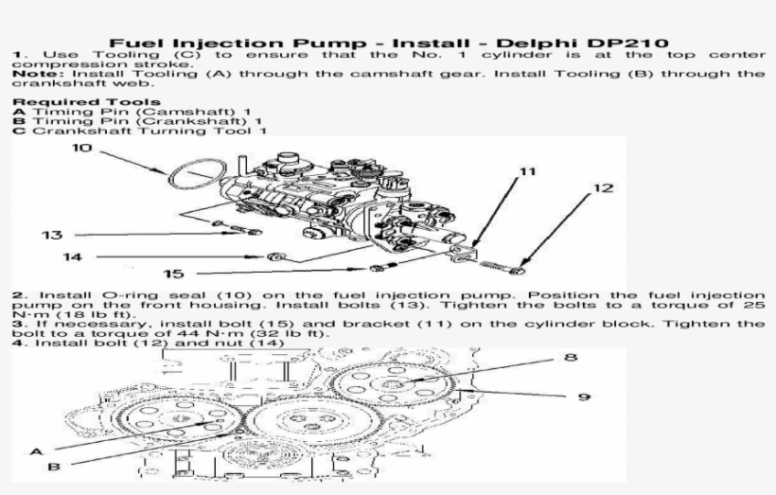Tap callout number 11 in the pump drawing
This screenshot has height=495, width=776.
coord(527,171)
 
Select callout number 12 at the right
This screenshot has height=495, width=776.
coord(603,188)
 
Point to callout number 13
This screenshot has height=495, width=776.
coord(51,235)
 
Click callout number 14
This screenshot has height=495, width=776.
coord(73,256)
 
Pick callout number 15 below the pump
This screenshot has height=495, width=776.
coord(172,274)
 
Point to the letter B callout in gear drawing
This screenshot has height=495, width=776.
coord(54,466)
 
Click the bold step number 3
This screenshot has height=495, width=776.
coord(17,324)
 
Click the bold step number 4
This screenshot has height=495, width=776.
coord(17,343)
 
